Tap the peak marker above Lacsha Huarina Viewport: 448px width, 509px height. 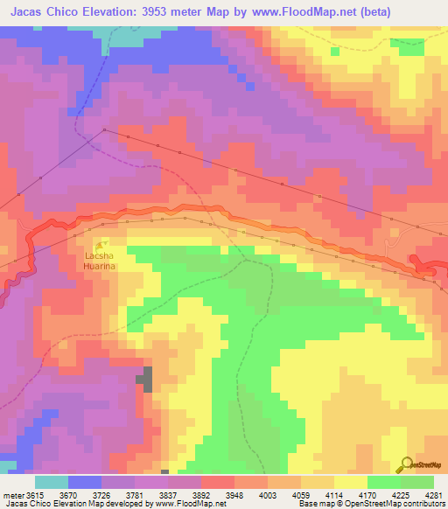pyautogui.click(x=103, y=243)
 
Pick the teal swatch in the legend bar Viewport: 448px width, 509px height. pyautogui.click(x=51, y=482)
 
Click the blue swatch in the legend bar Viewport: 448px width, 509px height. pyautogui.click(x=85, y=482)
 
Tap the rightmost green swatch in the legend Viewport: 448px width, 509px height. pyautogui.click(x=416, y=482)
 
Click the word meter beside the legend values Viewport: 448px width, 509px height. pyautogui.click(x=11, y=496)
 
